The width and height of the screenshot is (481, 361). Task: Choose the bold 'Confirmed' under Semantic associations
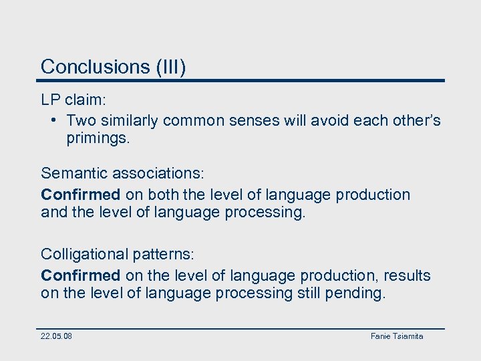pos(80,195)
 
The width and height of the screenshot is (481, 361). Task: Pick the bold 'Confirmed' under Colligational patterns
pos(80,275)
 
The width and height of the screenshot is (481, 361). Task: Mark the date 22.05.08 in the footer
pos(56,336)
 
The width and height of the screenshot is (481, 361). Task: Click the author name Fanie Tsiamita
pos(397,336)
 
